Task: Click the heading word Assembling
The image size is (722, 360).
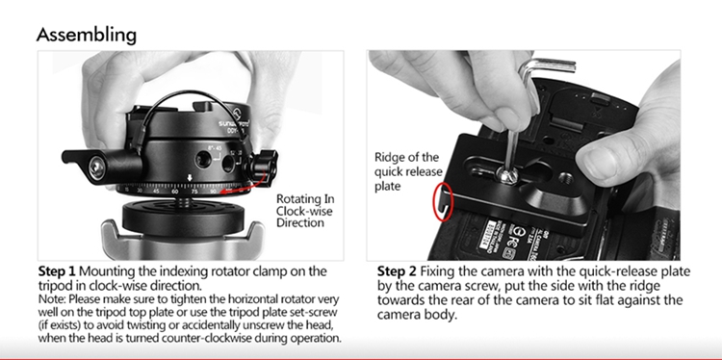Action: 87,36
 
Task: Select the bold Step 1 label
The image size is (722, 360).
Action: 57,271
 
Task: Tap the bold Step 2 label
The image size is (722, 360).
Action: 397,271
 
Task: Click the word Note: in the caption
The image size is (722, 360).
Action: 53,299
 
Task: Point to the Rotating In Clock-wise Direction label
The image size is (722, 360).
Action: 305,211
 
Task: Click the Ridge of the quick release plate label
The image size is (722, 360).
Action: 408,171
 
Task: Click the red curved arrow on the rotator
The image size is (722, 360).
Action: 244,185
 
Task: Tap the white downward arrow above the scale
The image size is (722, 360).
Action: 190,178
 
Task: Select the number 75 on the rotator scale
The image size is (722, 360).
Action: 194,192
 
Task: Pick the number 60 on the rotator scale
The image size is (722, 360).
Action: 174,192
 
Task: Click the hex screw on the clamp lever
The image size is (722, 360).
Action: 96,168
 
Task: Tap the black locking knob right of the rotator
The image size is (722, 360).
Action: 264,166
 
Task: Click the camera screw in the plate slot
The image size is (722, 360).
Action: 505,175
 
